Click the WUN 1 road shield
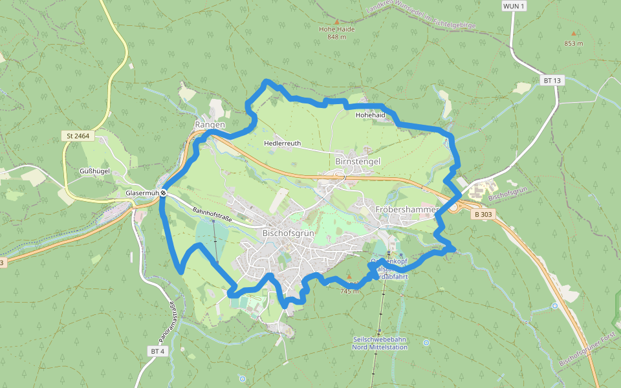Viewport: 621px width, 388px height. pos(514,6)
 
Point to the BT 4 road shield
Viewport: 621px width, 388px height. pos(158,350)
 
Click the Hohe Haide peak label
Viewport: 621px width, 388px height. pos(336,29)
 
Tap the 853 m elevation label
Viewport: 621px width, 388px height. pos(573,43)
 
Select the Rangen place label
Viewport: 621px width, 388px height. pos(210,124)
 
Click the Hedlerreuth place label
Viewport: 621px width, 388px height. pos(283,144)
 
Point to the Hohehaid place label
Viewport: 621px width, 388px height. pos(370,115)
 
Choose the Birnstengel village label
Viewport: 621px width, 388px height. pos(358,160)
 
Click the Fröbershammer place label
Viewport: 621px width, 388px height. pos(407,210)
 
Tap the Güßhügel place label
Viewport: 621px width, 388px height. pos(95,171)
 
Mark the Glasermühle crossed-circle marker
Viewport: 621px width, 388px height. pos(164,193)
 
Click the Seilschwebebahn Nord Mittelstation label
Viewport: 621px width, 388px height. pos(380,343)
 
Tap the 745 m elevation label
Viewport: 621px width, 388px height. pos(349,291)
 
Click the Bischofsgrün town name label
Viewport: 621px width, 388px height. pos(288,232)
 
